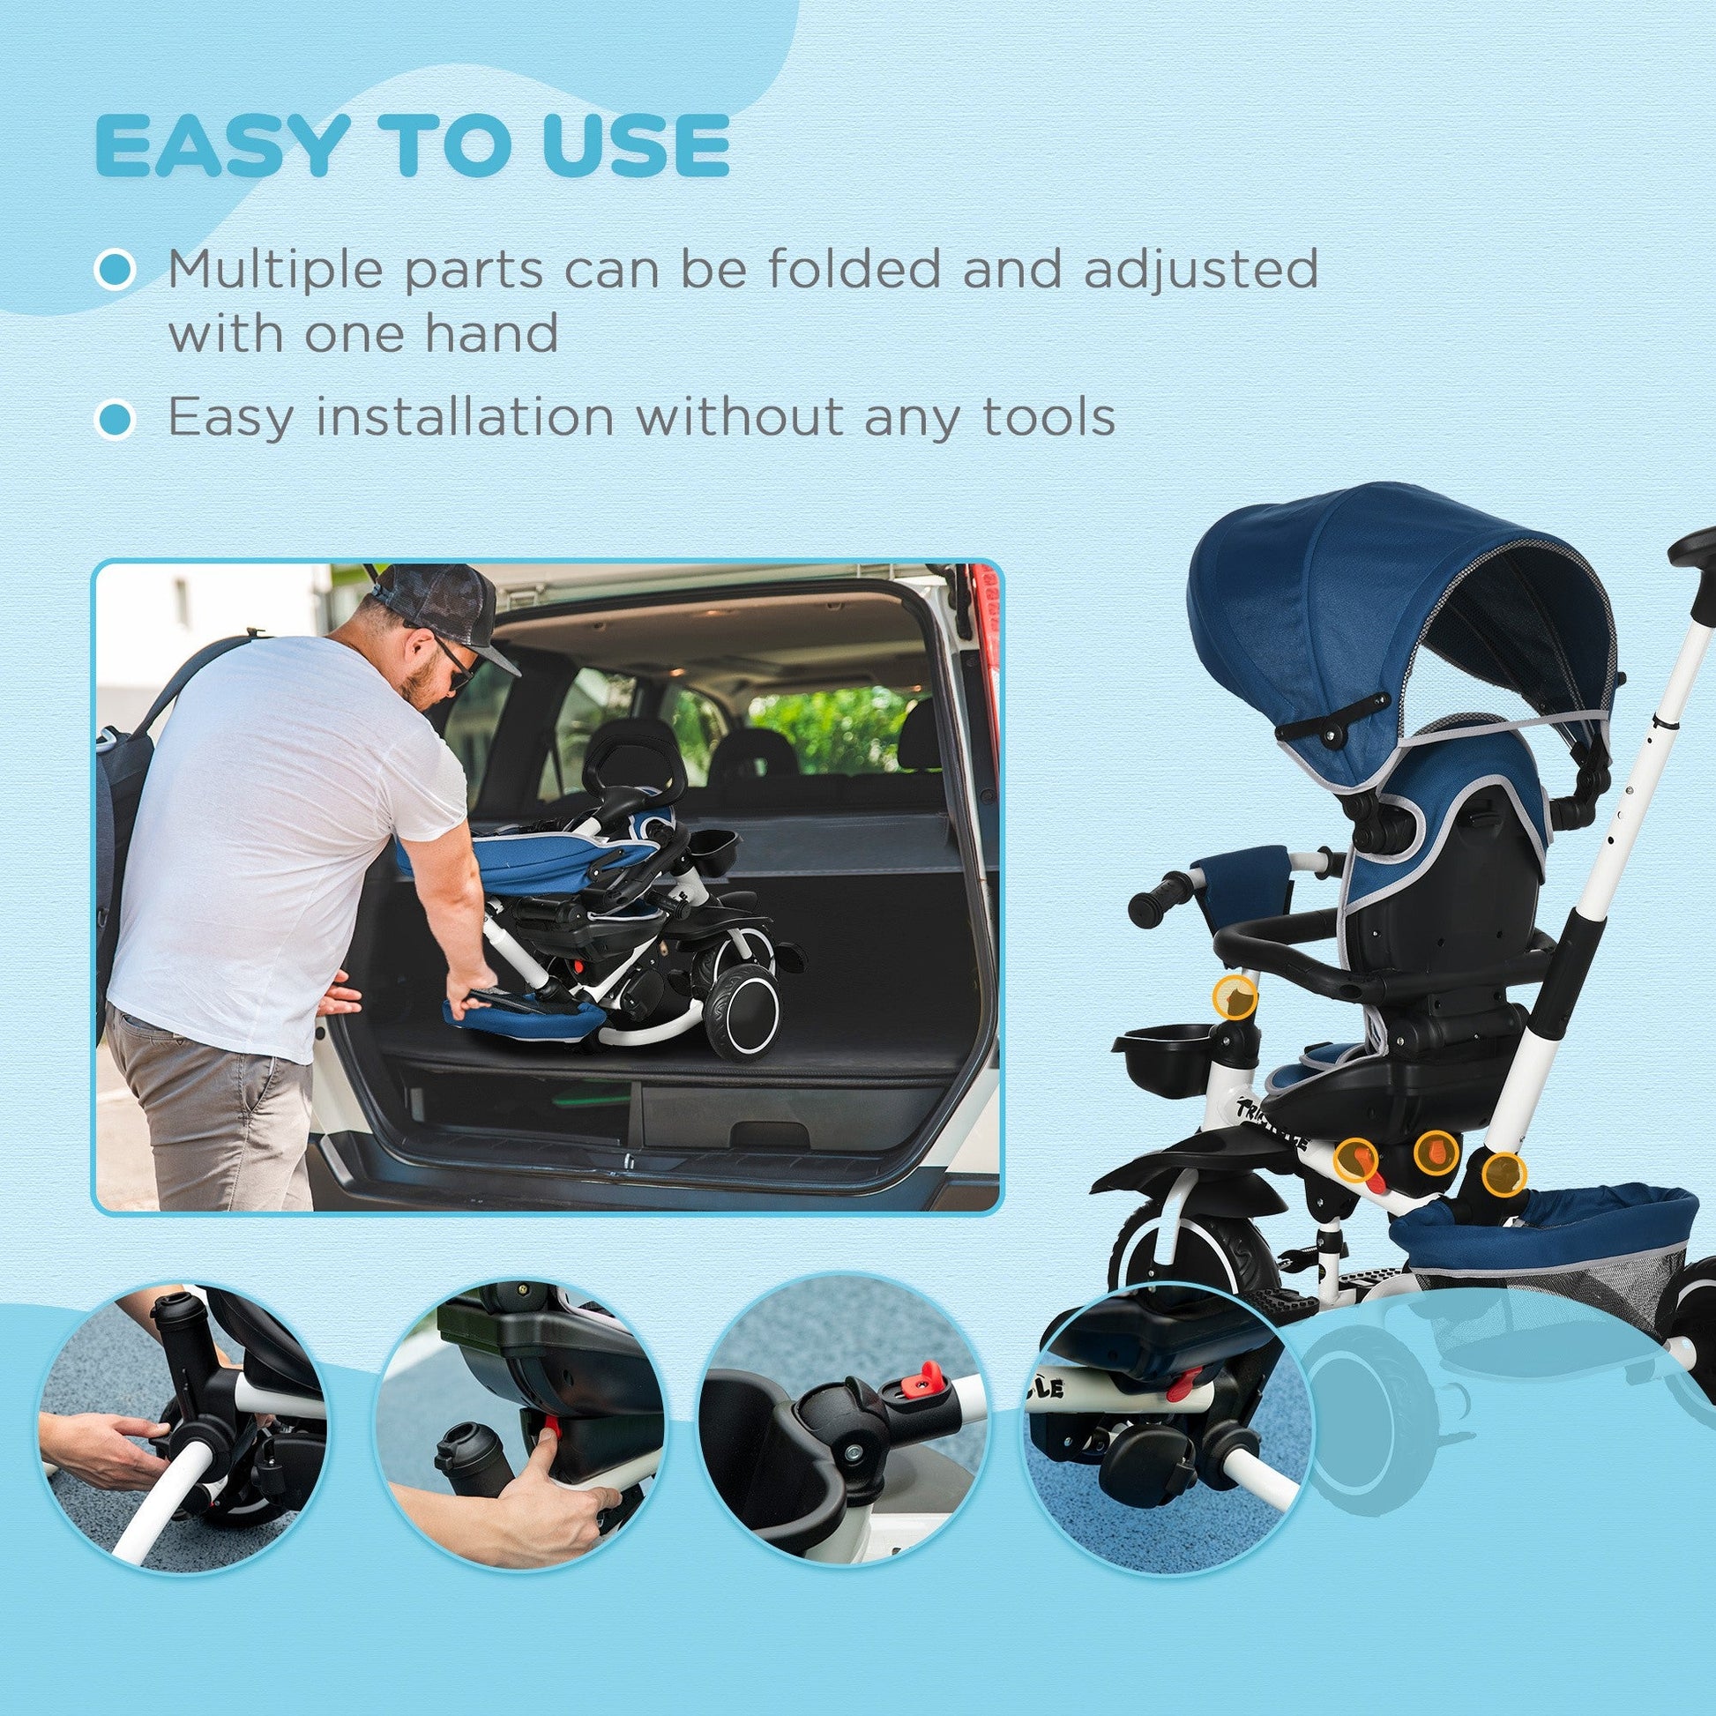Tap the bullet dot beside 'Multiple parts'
(x=115, y=269)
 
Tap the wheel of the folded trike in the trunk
(x=744, y=1012)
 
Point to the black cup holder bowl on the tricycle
(x=1166, y=1051)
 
